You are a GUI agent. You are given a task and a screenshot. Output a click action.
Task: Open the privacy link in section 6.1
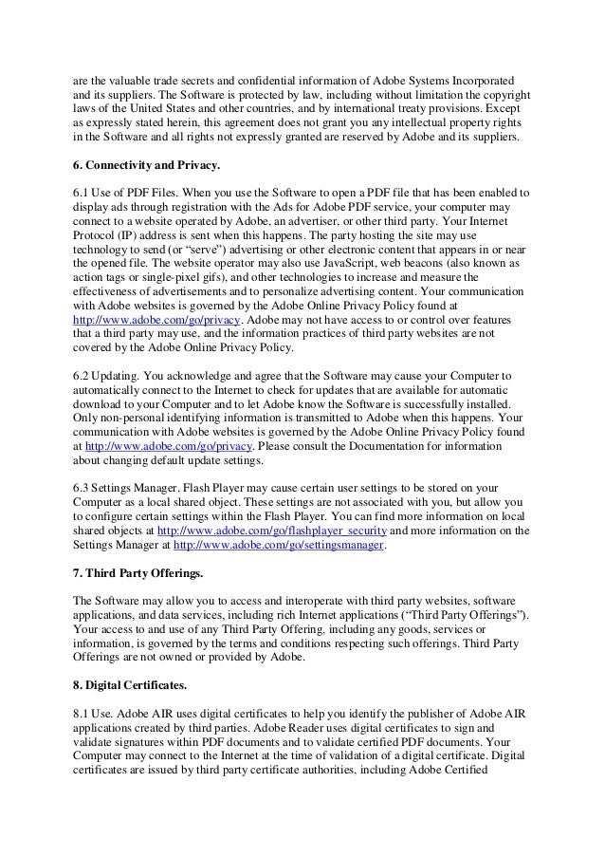[x=156, y=321]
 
